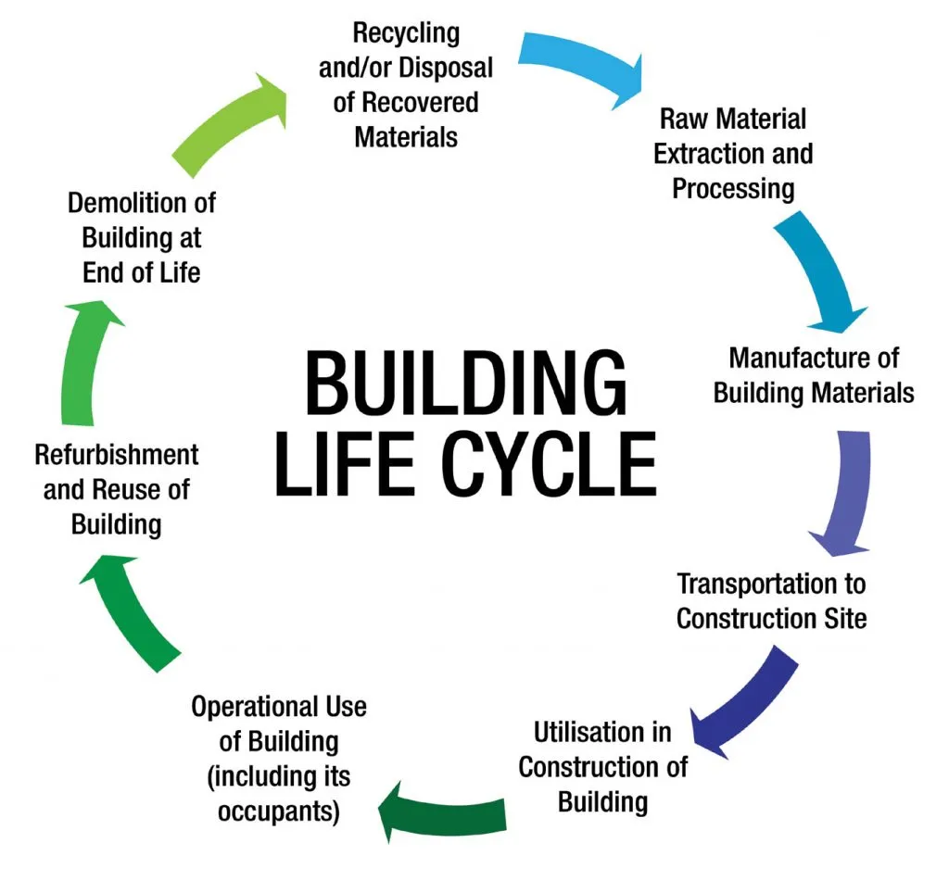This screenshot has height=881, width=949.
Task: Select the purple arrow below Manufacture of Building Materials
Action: coord(844,491)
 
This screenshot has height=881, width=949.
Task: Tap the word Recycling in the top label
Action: coord(405,34)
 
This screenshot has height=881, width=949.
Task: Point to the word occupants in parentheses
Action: coord(279,811)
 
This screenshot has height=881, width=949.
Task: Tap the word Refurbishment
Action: coord(116,455)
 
